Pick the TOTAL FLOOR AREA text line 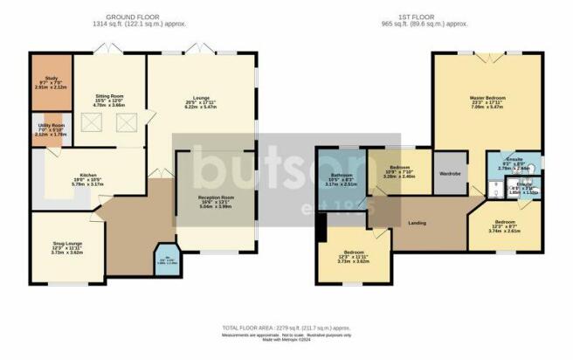[286, 329]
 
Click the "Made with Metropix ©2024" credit [286, 340]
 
